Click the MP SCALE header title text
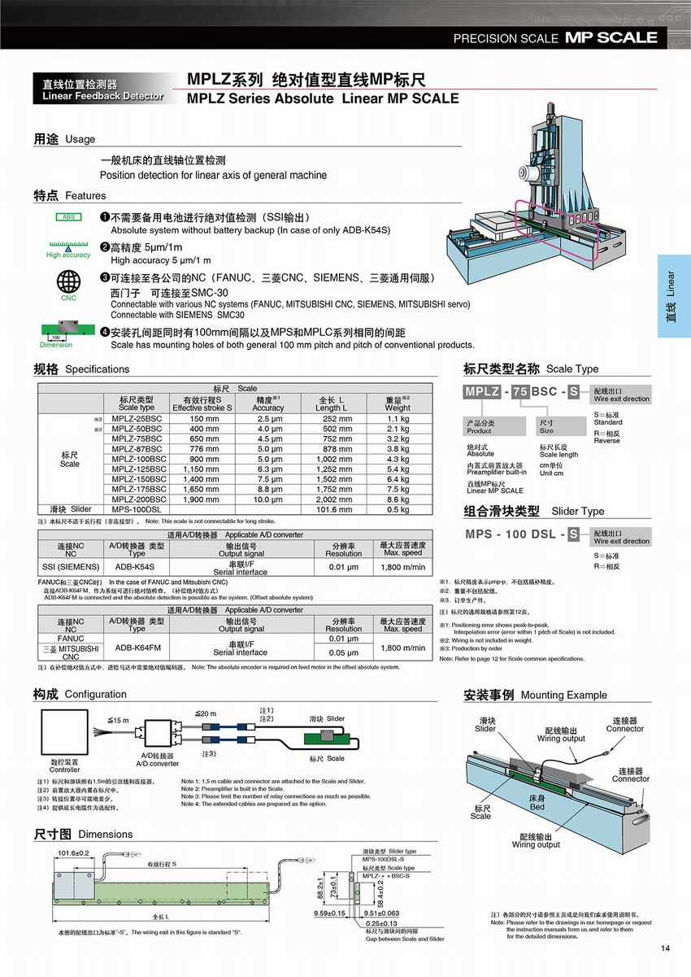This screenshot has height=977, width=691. (x=611, y=37)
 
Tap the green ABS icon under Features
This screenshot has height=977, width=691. (x=69, y=217)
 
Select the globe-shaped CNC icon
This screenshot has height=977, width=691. (x=68, y=281)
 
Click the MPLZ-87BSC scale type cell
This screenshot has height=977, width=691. (x=136, y=448)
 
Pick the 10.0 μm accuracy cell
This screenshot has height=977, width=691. (x=268, y=499)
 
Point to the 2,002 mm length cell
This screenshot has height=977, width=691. (x=334, y=499)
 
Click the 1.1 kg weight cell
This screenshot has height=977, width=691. (x=398, y=418)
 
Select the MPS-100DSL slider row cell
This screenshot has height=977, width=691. (x=136, y=509)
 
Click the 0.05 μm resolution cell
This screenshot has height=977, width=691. (x=343, y=652)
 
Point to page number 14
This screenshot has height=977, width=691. (x=666, y=948)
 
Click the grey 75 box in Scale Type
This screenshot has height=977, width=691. (x=520, y=391)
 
